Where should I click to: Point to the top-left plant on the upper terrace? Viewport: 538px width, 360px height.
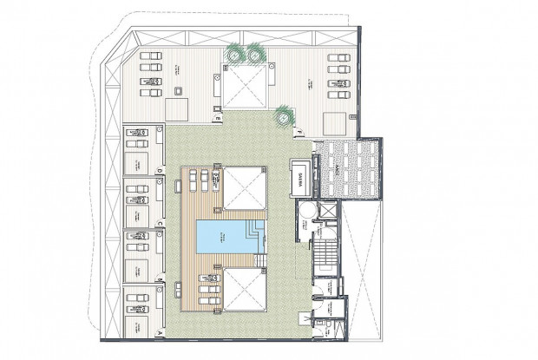point(236,55)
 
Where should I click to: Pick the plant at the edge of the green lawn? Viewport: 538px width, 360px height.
point(284,115)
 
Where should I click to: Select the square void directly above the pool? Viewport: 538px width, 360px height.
point(244,188)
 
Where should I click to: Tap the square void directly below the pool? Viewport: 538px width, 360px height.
point(244,288)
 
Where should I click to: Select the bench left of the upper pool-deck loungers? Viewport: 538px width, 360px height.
point(184,180)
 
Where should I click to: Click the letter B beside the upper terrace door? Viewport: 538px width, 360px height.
point(219,117)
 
